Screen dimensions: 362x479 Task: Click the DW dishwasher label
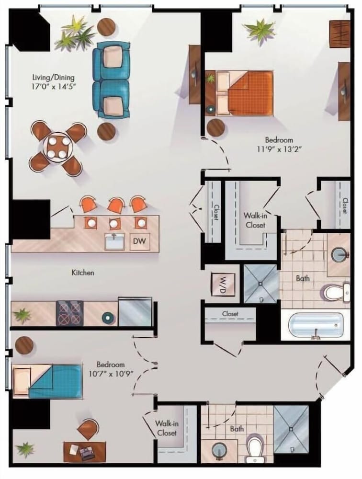point(140,241)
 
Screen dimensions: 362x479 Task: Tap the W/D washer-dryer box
point(223,285)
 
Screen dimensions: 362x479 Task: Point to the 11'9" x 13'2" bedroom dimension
point(279,149)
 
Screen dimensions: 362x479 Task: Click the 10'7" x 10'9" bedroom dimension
point(111,374)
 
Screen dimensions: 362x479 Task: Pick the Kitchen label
point(83,273)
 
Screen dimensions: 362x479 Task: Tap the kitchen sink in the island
point(114,241)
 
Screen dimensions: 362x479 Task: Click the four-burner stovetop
point(69,313)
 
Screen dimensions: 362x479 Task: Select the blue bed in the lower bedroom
point(47,381)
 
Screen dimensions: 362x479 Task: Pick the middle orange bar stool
point(116,205)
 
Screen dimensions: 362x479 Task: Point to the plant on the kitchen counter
point(22,315)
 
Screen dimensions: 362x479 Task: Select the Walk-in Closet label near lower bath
point(167,428)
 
